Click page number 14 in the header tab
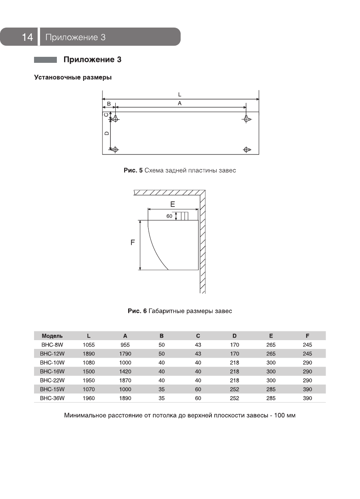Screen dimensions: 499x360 (x=27, y=37)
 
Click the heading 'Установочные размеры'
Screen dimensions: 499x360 (x=72, y=77)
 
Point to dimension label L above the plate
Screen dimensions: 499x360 (x=180, y=95)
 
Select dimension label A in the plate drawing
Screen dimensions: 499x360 (x=180, y=103)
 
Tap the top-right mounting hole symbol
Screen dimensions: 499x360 (x=247, y=118)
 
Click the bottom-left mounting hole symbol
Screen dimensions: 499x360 (x=115, y=150)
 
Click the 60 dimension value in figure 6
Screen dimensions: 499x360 (x=169, y=216)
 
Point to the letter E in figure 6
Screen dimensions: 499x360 (x=173, y=204)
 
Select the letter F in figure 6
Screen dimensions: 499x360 (x=133, y=242)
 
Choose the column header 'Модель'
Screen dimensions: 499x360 (x=52, y=336)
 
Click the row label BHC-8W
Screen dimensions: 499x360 (x=50, y=345)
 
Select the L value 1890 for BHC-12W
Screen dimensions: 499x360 (x=88, y=354)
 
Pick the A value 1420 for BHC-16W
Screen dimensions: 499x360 (x=125, y=371)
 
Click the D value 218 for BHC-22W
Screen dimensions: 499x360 (x=234, y=380)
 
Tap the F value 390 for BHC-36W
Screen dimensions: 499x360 (x=307, y=398)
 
